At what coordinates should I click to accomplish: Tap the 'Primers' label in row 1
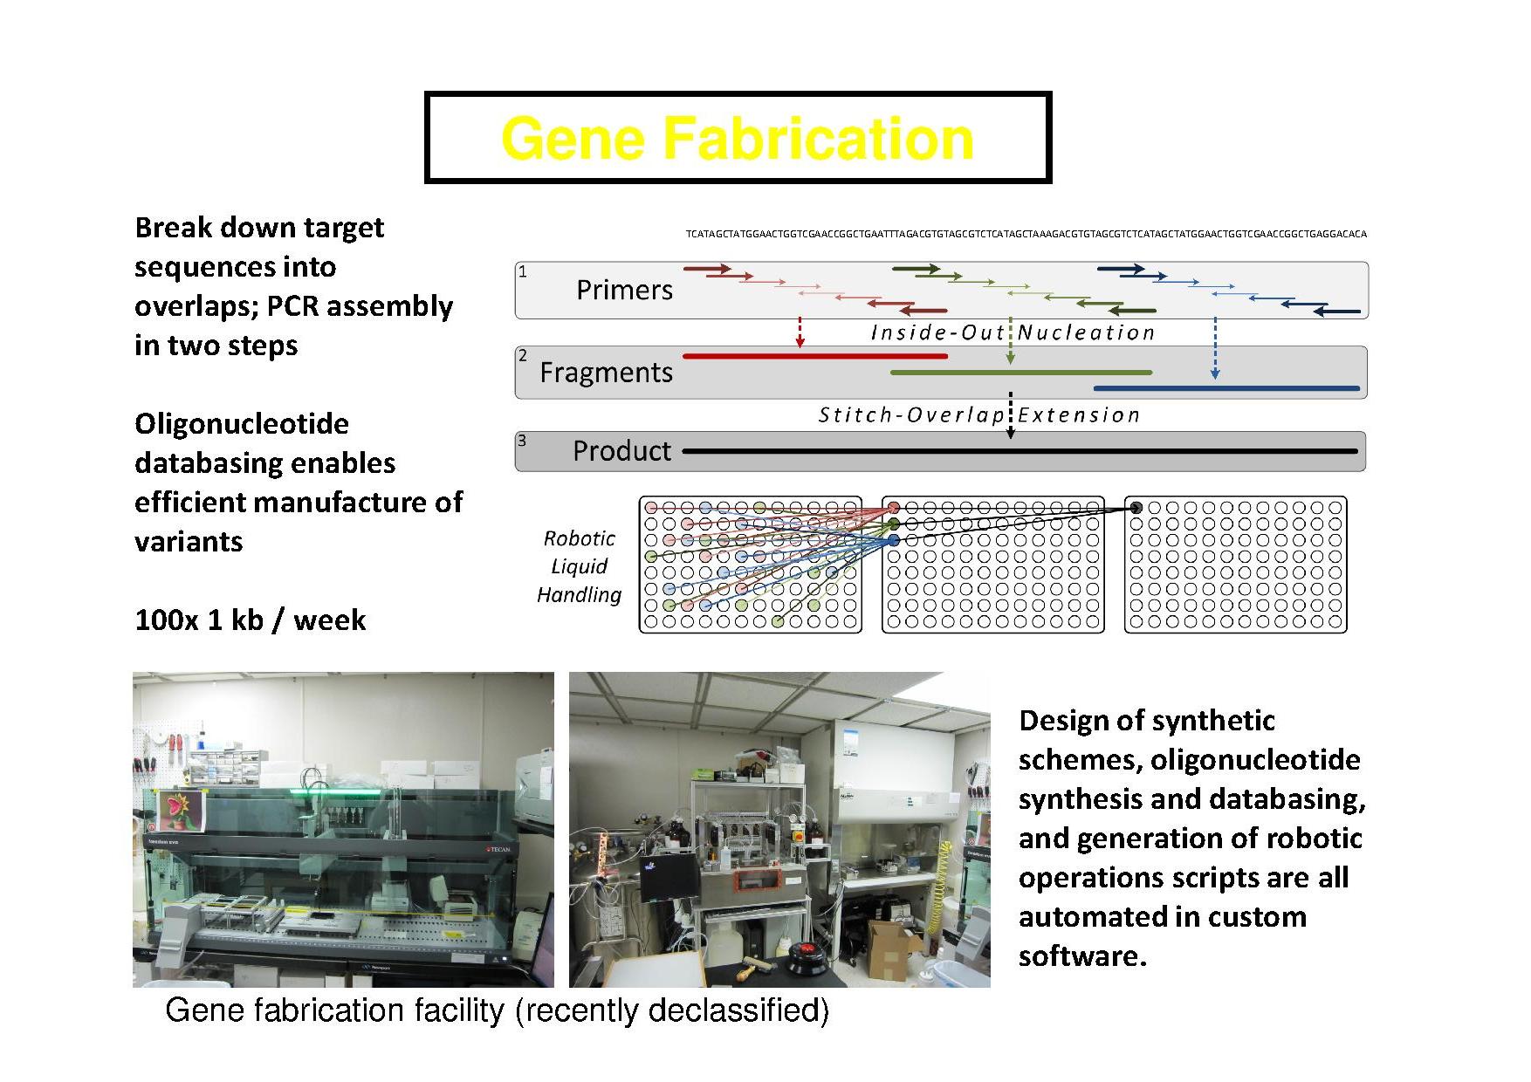click(x=624, y=290)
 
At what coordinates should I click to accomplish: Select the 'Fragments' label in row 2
click(x=606, y=373)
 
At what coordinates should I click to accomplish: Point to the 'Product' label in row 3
click(x=621, y=451)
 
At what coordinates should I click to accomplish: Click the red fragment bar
click(x=814, y=356)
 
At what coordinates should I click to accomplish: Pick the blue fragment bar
click(x=1226, y=388)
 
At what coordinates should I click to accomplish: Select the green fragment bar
click(x=1020, y=373)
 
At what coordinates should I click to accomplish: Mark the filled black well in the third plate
click(x=1136, y=508)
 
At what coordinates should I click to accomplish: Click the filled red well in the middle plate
click(x=894, y=508)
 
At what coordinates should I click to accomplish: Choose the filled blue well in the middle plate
click(x=894, y=541)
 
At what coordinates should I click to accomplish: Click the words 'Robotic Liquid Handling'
click(x=579, y=566)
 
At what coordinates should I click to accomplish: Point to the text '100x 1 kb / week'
click(x=250, y=620)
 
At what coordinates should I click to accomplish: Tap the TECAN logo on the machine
click(x=497, y=848)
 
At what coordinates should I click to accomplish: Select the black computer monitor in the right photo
click(x=669, y=877)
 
